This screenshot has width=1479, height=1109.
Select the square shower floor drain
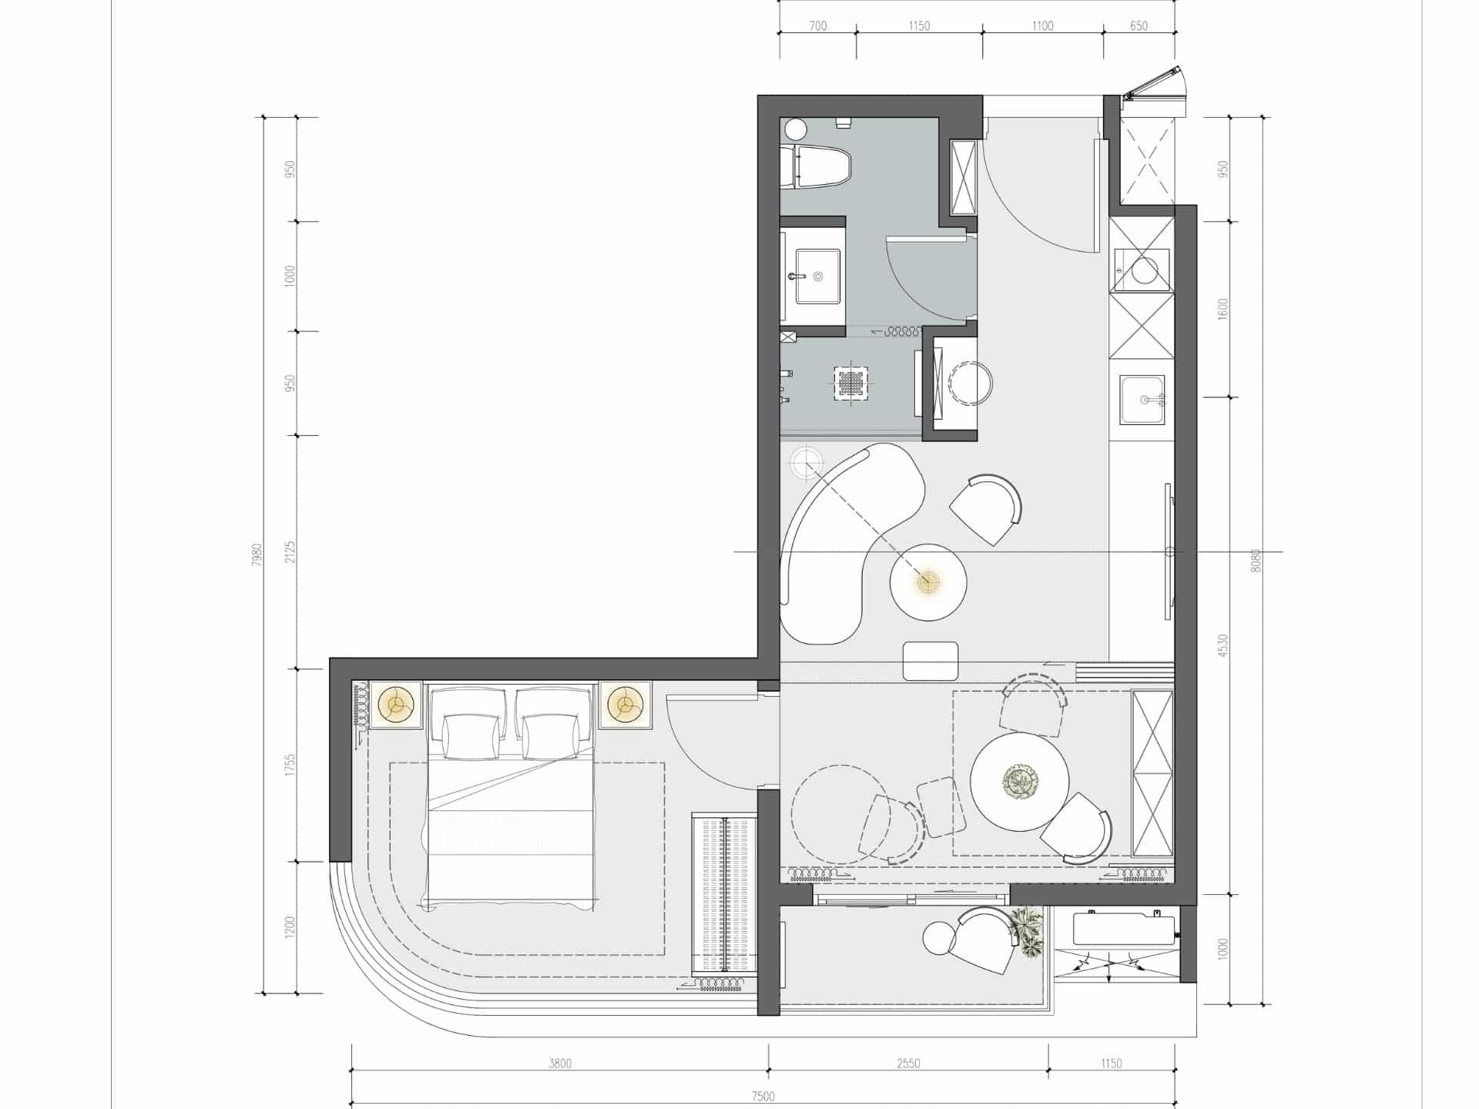850,381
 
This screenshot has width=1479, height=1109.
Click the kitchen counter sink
1142,400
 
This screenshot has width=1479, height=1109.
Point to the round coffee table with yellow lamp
928,581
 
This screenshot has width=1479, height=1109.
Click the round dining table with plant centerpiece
1019,782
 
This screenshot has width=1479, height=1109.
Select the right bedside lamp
625,705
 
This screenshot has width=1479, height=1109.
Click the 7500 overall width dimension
763,1097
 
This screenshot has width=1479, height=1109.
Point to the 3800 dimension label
560,1064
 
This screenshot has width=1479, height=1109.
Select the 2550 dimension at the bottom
908,1064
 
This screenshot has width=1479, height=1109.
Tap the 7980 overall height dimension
257,554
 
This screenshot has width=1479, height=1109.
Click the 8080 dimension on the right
1256,560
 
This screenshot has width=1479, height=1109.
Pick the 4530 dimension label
1223,645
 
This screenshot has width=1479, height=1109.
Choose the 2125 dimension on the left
290,552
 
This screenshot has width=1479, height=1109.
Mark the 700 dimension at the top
818,26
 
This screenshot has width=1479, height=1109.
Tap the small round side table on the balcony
939,937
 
